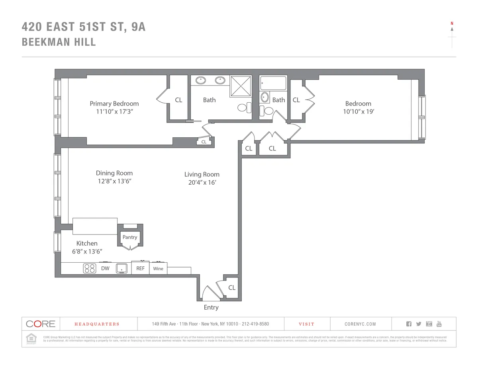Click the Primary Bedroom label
tap(114, 103)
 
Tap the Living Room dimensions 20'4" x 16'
tap(202, 183)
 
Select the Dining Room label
tap(114, 173)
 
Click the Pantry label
tap(129, 237)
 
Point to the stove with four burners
tap(90, 268)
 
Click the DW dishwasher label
tap(105, 268)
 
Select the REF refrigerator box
tap(140, 268)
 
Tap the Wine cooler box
tap(158, 269)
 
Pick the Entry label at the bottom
tap(211, 307)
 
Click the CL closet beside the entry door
tap(232, 287)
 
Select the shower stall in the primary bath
tap(241, 86)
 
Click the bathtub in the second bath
tap(273, 84)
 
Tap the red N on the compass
tap(452, 23)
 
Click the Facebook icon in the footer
tap(408, 324)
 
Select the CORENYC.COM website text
tap(360, 324)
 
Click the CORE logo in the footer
tap(40, 324)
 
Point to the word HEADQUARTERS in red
tap(97, 324)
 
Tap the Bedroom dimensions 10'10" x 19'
tap(358, 111)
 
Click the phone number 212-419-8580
tap(255, 324)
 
